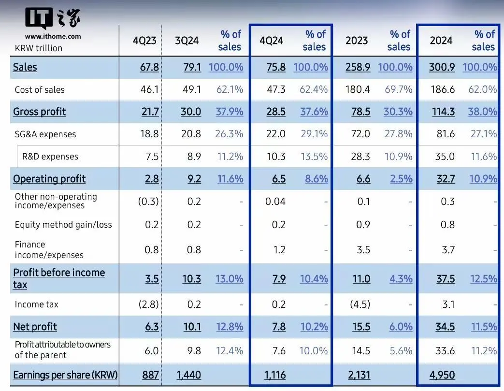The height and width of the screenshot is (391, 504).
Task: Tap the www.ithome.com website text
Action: click(53, 36)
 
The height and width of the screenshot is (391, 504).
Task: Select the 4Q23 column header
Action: click(144, 40)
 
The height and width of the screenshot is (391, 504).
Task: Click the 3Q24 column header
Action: click(187, 40)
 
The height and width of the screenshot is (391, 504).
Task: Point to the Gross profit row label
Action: click(39, 112)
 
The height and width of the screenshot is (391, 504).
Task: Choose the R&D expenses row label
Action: click(50, 157)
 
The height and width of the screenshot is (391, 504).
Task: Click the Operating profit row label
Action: click(49, 179)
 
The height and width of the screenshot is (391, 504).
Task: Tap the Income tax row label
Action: click(36, 304)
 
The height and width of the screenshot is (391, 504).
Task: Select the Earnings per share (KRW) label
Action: click(65, 375)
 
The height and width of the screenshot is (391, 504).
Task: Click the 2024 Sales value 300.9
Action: click(442, 67)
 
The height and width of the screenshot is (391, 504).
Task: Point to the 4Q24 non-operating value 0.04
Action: click(275, 201)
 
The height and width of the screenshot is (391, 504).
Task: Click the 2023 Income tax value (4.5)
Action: click(360, 304)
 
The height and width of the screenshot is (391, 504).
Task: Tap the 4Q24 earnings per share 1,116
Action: click(275, 375)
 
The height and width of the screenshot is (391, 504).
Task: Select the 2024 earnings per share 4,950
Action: click(442, 375)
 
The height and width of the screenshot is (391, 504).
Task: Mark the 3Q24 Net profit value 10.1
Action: click(192, 327)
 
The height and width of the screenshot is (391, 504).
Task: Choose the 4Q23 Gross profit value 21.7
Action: click(149, 112)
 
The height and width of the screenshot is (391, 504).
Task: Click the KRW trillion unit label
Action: click(39, 48)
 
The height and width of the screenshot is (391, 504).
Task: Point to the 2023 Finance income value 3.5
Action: click(363, 250)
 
